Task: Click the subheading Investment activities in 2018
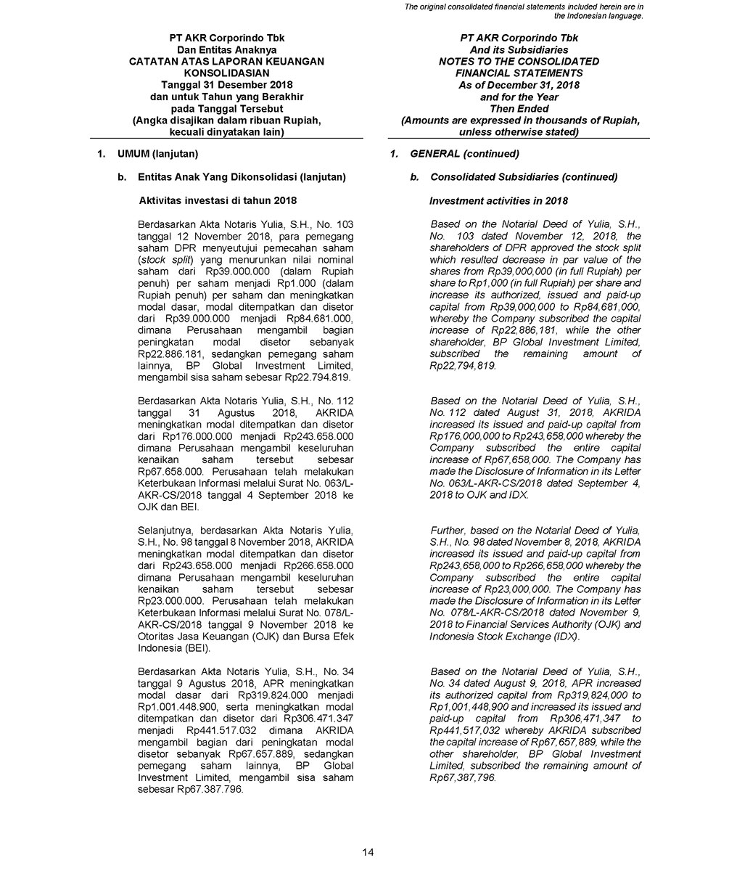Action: [x=498, y=200]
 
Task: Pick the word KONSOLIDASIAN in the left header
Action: [x=226, y=73]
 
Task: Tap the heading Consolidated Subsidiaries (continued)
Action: [x=524, y=177]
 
